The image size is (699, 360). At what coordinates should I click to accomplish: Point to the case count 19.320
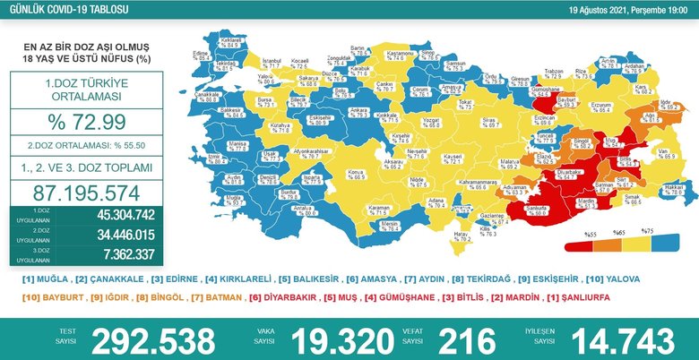click(332, 340)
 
